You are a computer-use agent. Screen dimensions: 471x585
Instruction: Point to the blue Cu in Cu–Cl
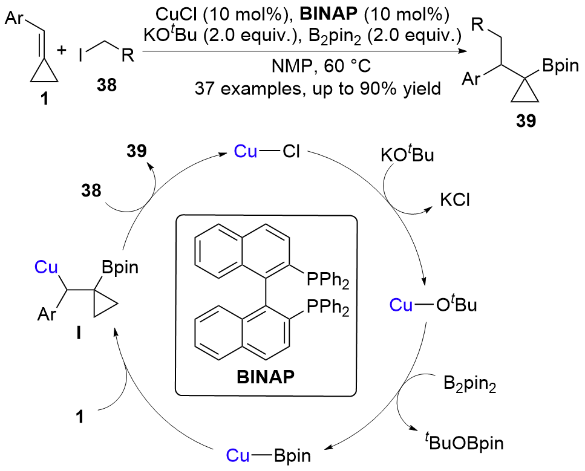tap(246, 152)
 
